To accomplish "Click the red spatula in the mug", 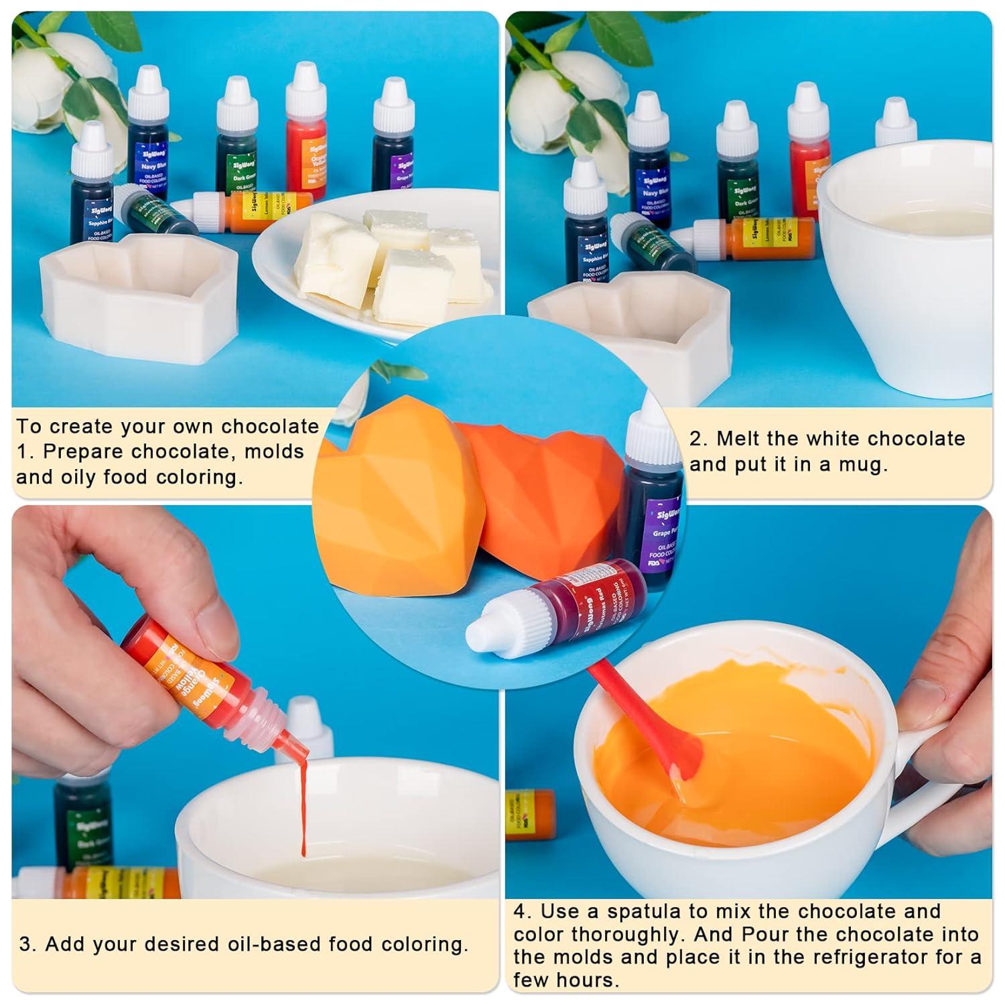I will click(643, 724).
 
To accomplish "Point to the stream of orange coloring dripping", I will click(303, 804).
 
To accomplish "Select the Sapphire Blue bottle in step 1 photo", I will click(94, 201).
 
